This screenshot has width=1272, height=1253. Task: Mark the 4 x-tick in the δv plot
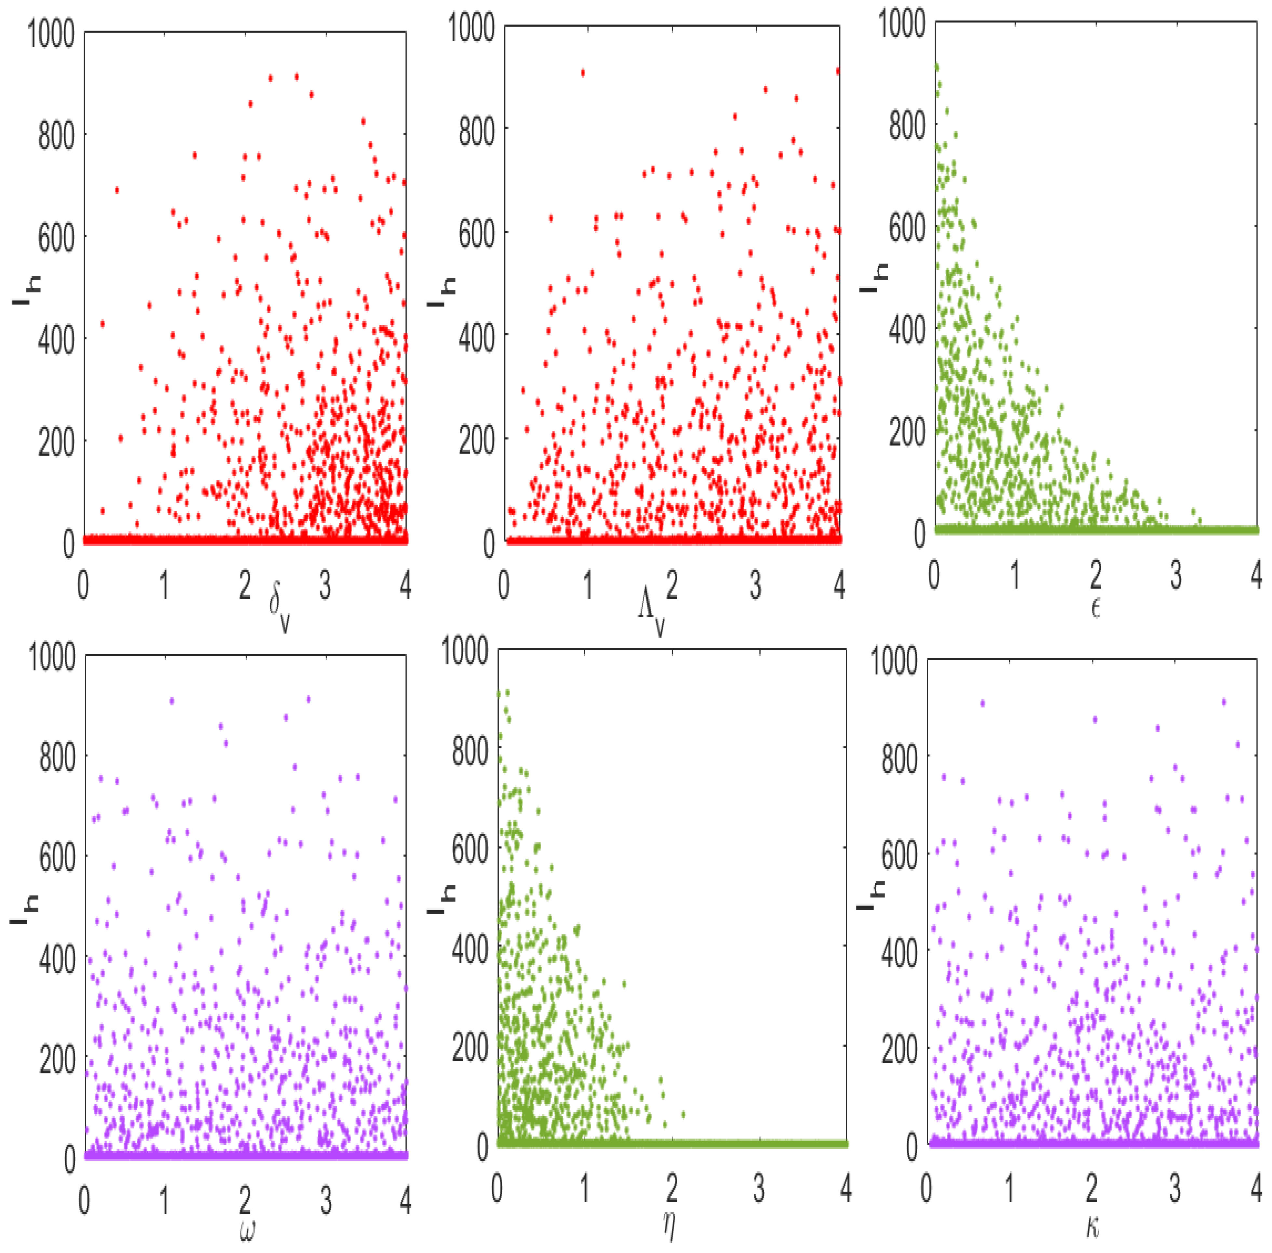(x=405, y=584)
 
